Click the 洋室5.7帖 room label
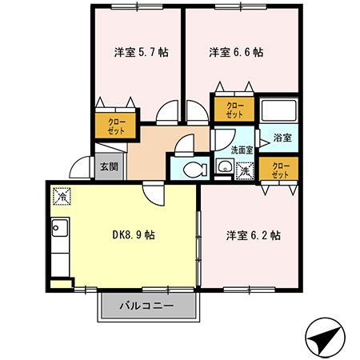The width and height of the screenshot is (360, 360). coord(139,53)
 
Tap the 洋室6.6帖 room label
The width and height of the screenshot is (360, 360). coord(236,53)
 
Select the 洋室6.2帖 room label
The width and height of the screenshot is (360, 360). coord(252,235)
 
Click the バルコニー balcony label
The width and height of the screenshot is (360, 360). coord(146,306)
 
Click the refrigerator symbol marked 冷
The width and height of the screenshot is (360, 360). coord(61,194)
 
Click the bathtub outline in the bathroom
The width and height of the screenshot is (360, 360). coord(279,110)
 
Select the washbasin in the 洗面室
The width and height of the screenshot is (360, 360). coord(225,168)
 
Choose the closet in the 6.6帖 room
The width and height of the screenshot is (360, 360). coord(234,110)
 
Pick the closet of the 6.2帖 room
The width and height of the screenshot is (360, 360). coord(280,170)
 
